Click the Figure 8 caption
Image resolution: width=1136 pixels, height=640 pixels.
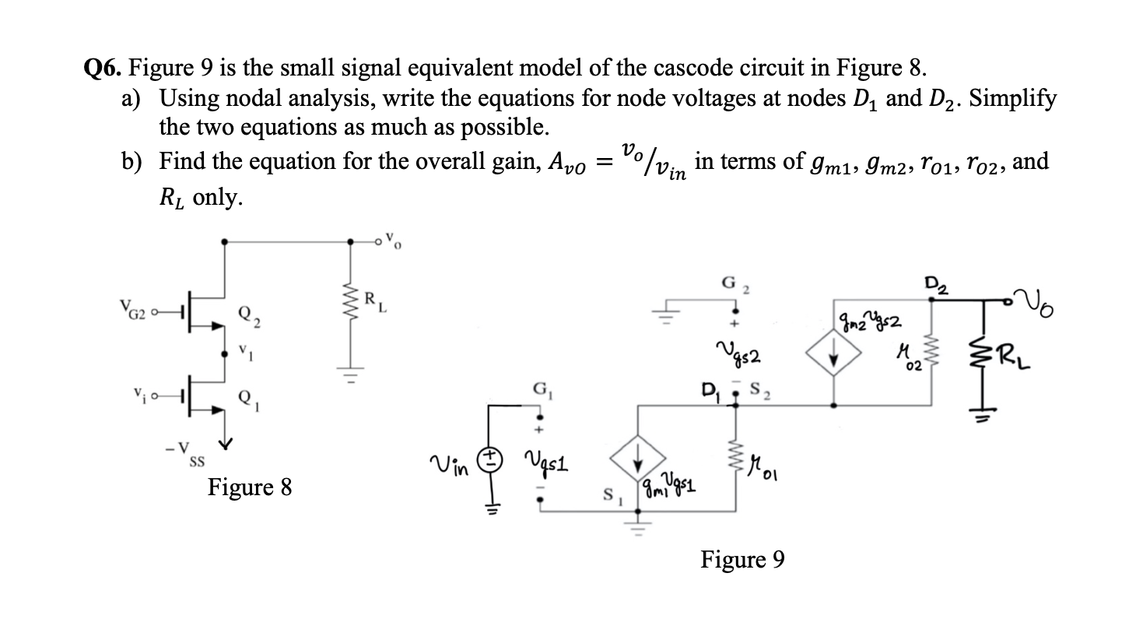[x=250, y=487]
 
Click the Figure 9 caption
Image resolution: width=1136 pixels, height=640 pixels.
[x=742, y=559]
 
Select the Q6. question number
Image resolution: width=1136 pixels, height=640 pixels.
[x=103, y=69]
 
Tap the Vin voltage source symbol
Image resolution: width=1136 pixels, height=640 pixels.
[x=492, y=461]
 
